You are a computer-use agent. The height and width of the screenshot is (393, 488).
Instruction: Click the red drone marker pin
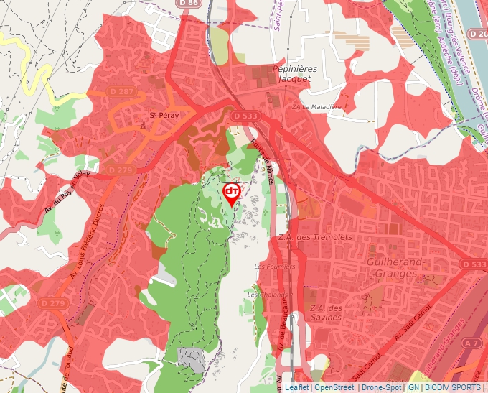232,193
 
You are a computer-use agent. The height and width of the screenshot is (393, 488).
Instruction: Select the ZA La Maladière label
316,106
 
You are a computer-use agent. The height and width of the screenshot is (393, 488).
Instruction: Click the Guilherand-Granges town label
393,268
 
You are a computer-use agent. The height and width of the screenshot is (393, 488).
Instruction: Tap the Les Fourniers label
270,267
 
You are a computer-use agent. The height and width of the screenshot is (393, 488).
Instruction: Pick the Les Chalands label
267,295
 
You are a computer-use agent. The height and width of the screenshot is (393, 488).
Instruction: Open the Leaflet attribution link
296,387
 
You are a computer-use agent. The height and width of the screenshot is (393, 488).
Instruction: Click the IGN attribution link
413,387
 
